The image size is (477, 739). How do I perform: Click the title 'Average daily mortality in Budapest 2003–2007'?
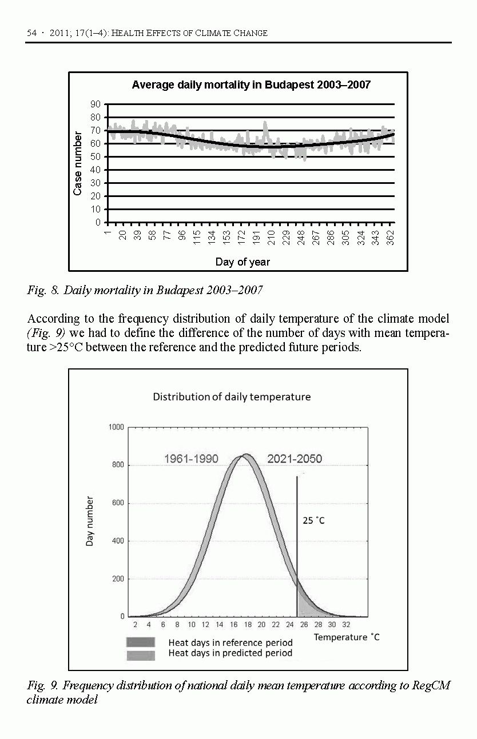pyautogui.click(x=251, y=85)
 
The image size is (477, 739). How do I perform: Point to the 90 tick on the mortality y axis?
pyautogui.click(x=95, y=104)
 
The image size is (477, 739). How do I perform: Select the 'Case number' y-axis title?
pyautogui.click(x=78, y=163)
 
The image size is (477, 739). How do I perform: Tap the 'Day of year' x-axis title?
pyautogui.click(x=243, y=262)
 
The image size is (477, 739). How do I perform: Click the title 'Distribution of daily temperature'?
pyautogui.click(x=232, y=396)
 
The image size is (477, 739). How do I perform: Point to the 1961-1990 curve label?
pyautogui.click(x=191, y=459)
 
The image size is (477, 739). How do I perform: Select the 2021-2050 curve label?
pyautogui.click(x=295, y=459)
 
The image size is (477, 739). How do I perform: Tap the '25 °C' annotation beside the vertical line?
pyautogui.click(x=313, y=521)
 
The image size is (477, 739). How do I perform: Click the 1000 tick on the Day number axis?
pyautogui.click(x=116, y=427)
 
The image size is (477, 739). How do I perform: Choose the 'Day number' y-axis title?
pyautogui.click(x=90, y=521)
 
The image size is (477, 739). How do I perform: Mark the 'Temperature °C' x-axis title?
pyautogui.click(x=347, y=637)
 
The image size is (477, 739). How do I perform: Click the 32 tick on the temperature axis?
pyautogui.click(x=345, y=625)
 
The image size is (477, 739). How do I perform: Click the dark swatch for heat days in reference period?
pyautogui.click(x=141, y=642)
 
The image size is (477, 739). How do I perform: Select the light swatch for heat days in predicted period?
pyautogui.click(x=141, y=655)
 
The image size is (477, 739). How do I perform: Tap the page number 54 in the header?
pyautogui.click(x=32, y=33)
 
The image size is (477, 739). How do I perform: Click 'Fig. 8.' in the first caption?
pyautogui.click(x=43, y=291)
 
